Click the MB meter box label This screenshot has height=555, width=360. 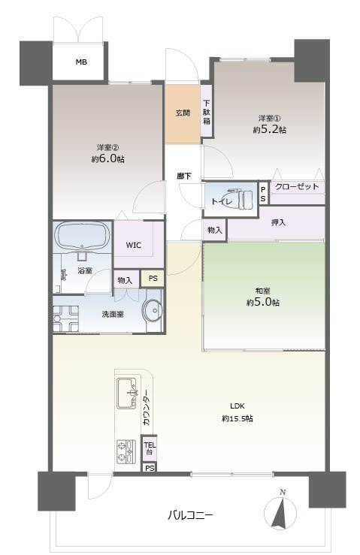pyautogui.click(x=80, y=62)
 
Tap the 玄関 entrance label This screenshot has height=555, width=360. pyautogui.click(x=183, y=113)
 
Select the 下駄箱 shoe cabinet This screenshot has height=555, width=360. pyautogui.click(x=206, y=112)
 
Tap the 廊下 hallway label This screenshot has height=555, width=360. pyautogui.click(x=183, y=176)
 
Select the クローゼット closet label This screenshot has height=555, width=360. pyautogui.click(x=297, y=187)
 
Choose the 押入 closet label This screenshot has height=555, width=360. pyautogui.click(x=277, y=223)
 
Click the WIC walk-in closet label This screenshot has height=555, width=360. pyautogui.click(x=133, y=245)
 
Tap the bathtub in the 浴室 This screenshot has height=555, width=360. pyautogui.click(x=82, y=237)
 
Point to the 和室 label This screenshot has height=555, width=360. pyautogui.click(x=264, y=291)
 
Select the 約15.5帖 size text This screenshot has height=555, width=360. pyautogui.click(x=237, y=418)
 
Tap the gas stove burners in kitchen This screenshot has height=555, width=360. pyautogui.click(x=124, y=451)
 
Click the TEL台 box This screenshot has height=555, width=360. pyautogui.click(x=150, y=448)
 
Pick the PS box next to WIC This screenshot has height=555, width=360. pyautogui.click(x=153, y=279)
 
